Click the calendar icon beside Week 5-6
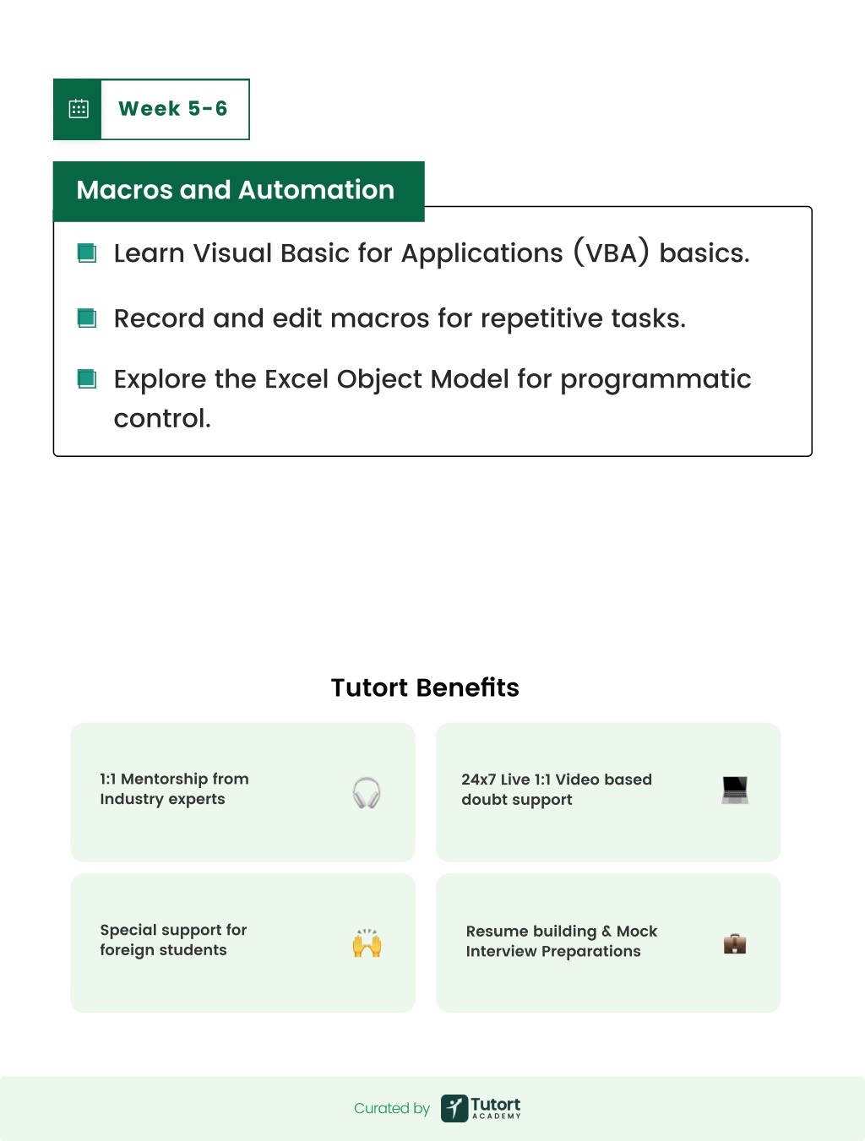(x=79, y=109)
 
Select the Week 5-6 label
(x=173, y=109)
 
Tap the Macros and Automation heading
(x=236, y=190)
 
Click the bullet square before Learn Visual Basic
(x=87, y=253)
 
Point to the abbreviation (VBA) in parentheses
(x=612, y=253)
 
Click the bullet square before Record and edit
(x=87, y=318)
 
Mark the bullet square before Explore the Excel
(x=87, y=379)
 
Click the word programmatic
(x=656, y=379)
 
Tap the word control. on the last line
(x=162, y=418)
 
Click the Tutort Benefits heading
(x=425, y=687)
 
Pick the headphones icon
(x=367, y=792)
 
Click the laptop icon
(x=735, y=791)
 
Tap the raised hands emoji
(x=367, y=943)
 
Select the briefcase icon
(x=735, y=943)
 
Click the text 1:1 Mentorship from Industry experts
(x=174, y=789)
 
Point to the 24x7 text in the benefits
(x=478, y=780)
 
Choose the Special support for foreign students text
(x=173, y=940)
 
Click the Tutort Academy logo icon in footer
(x=454, y=1108)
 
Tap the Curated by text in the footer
(x=392, y=1109)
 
